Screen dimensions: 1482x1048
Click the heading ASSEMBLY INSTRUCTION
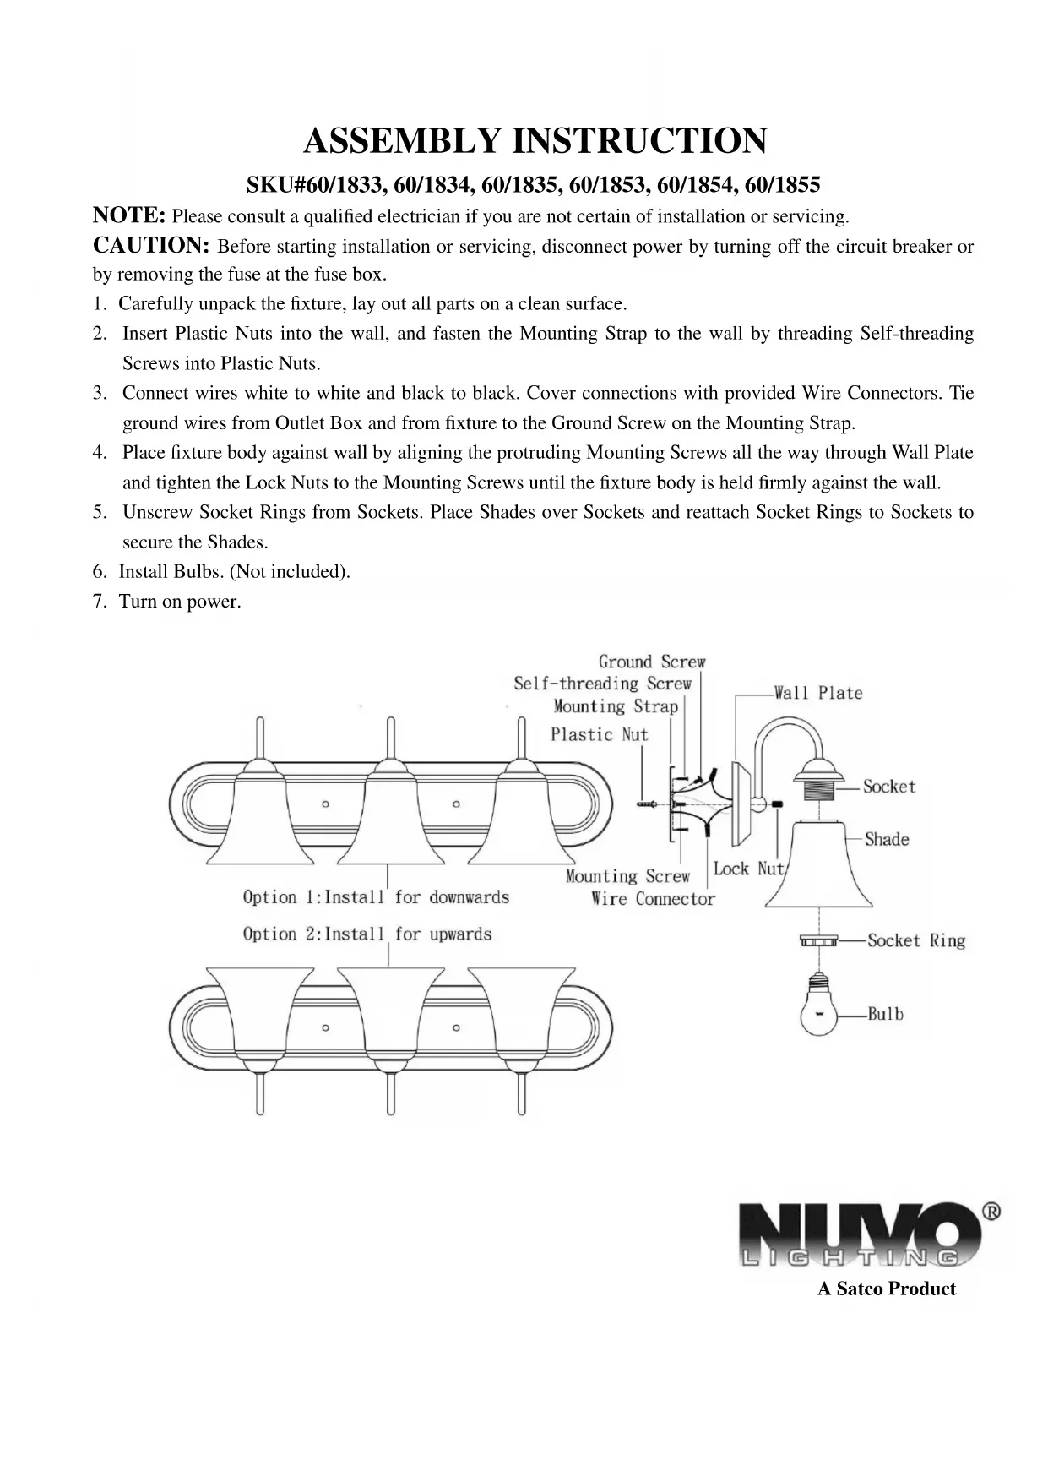[x=535, y=140]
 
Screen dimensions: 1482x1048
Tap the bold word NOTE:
[x=128, y=215]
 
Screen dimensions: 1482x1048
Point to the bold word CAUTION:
[x=150, y=246]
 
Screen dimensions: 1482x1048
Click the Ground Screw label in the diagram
[x=651, y=662]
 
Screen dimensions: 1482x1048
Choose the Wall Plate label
[x=817, y=693]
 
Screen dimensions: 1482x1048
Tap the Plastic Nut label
[x=599, y=734]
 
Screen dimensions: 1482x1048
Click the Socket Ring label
[x=915, y=940]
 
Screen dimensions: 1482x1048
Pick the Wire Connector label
[x=653, y=899]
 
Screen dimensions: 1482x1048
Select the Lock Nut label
[x=748, y=869]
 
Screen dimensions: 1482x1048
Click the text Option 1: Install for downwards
[x=376, y=896]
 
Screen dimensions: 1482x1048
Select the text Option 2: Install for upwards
[x=367, y=934]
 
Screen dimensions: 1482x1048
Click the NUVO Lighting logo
[x=861, y=1234]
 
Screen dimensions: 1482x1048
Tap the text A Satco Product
[x=886, y=1289]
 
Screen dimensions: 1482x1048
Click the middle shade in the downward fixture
[x=390, y=815]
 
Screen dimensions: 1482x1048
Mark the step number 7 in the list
[x=99, y=602]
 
